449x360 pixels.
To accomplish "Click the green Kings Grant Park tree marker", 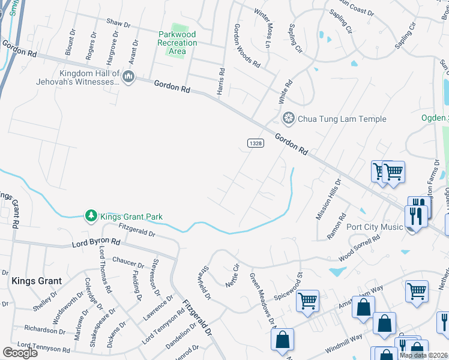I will [x=91, y=215].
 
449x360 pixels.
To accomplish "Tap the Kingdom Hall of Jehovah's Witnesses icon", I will [x=128, y=77].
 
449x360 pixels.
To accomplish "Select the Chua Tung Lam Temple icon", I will [x=289, y=119].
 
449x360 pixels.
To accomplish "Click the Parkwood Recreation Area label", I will [x=177, y=43].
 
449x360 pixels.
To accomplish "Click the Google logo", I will [x=20, y=353].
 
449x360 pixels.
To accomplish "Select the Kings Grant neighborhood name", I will [x=34, y=280].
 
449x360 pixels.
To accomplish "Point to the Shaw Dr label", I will [x=118, y=23].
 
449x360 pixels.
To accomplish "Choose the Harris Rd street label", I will [x=221, y=81].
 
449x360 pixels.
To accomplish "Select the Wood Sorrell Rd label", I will [x=360, y=248].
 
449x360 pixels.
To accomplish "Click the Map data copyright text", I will [x=423, y=355].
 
